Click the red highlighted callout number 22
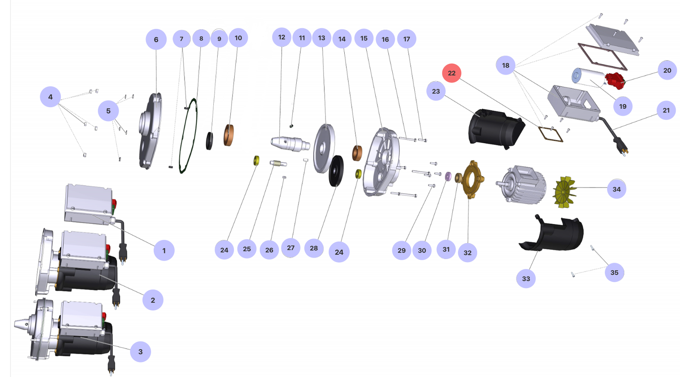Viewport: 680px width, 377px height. point(451,73)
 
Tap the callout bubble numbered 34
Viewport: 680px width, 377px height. point(616,189)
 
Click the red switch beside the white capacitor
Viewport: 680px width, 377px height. point(615,81)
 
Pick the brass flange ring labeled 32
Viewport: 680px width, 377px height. point(472,179)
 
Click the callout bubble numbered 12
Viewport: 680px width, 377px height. point(281,37)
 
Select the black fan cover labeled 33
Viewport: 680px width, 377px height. point(552,234)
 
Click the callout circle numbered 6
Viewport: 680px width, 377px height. point(156,40)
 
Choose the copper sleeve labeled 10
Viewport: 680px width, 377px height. point(229,135)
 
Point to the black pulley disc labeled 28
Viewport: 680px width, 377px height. point(336,170)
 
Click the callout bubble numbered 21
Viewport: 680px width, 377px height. point(666,111)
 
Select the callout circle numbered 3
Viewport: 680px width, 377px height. point(140,351)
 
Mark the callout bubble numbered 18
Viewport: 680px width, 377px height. point(505,65)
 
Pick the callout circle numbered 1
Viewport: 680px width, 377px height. point(164,250)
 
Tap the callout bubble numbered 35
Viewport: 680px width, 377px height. point(614,272)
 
